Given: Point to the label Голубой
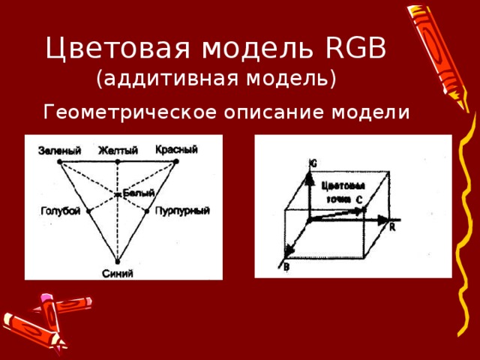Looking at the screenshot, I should pos(60,212).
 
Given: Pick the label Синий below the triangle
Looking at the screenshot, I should pos(118,273).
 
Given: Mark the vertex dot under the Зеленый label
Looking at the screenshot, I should pos(60,161).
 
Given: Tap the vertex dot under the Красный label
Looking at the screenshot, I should pos(175,160).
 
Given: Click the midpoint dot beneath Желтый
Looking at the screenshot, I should pos(118,161).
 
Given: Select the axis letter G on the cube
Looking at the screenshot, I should pos(313,162).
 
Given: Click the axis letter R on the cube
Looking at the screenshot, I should pos(392,228).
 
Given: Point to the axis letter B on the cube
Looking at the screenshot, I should pos(286,266).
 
